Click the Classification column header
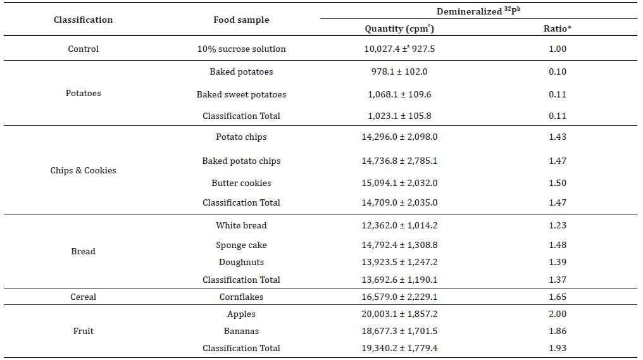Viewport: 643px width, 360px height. (x=84, y=20)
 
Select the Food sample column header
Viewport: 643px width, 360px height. (x=241, y=20)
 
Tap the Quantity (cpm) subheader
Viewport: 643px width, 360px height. (x=399, y=28)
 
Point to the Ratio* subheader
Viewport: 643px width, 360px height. (x=558, y=28)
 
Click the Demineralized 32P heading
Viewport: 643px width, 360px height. (x=478, y=11)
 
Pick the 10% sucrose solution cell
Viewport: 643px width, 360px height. (x=241, y=49)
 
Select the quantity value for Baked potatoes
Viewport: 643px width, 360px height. (x=399, y=71)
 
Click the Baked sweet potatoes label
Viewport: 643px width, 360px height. (x=241, y=95)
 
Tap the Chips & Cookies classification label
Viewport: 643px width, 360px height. (x=84, y=171)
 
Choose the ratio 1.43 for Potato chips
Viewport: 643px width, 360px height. (x=558, y=137)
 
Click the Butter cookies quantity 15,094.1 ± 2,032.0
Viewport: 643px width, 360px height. (x=399, y=183)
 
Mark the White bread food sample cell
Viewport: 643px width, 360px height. (x=241, y=225)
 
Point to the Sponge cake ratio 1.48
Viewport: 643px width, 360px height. (x=558, y=245)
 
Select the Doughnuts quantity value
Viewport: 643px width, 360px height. (x=399, y=263)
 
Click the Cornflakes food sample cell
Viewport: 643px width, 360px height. (x=241, y=297)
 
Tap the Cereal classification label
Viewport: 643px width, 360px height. (x=84, y=297)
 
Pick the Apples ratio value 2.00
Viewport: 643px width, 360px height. (x=558, y=314)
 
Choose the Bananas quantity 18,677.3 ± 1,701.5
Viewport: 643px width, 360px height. (x=399, y=332)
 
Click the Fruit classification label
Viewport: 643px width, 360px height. (x=84, y=332)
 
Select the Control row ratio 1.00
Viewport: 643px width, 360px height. (x=558, y=49)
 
